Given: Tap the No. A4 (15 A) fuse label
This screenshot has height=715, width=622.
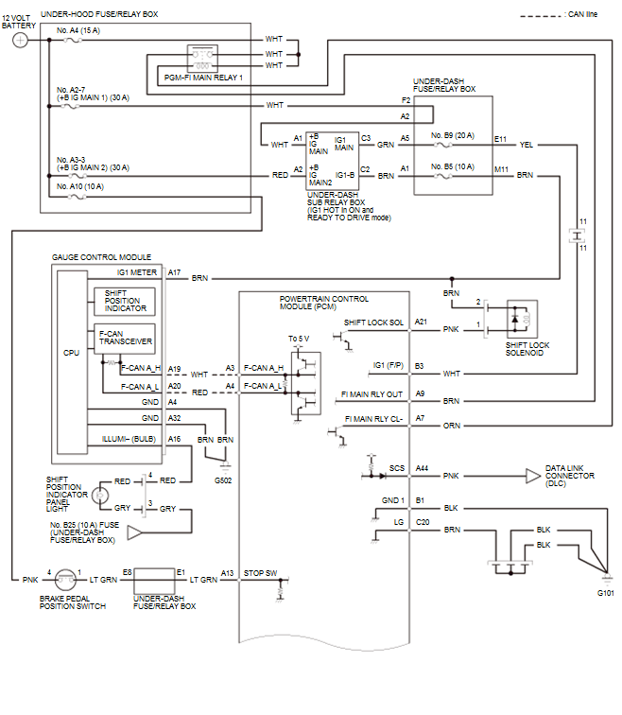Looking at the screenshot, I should tap(78, 31).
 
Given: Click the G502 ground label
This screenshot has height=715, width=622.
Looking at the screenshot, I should tap(223, 480).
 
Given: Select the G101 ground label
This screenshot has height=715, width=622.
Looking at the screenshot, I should tap(605, 593).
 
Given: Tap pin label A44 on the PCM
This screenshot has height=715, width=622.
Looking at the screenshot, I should tap(421, 468).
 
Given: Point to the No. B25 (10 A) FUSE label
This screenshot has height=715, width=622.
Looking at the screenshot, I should tap(82, 532).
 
